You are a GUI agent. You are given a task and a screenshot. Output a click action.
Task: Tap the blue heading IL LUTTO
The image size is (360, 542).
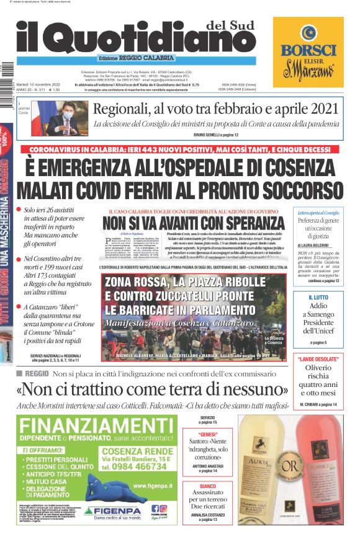point(318,298)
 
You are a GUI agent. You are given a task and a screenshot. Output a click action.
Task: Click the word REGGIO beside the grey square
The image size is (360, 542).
point(37,373)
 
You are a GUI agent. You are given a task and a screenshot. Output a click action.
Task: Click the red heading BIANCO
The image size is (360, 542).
point(207,486)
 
